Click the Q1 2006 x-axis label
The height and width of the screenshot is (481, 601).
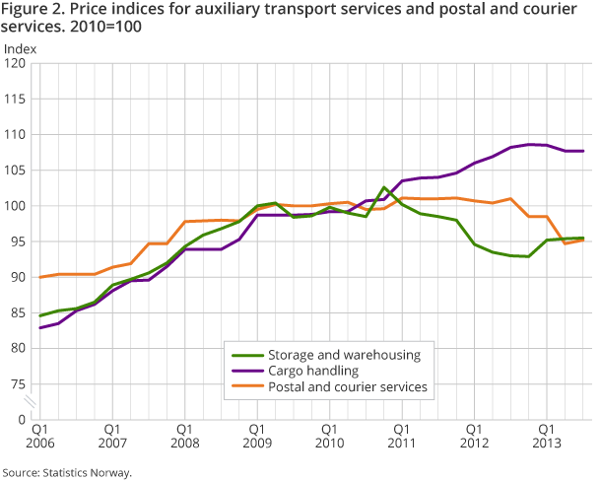tap(39, 437)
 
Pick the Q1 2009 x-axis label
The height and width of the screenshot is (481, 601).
tap(255, 437)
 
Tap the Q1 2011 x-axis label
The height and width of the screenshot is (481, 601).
tap(400, 437)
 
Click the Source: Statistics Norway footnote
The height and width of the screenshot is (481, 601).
tap(66, 472)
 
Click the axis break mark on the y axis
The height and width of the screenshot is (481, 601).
tap(31, 401)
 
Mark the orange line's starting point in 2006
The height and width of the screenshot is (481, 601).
tap(40, 277)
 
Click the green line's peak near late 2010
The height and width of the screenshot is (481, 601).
tap(384, 187)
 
